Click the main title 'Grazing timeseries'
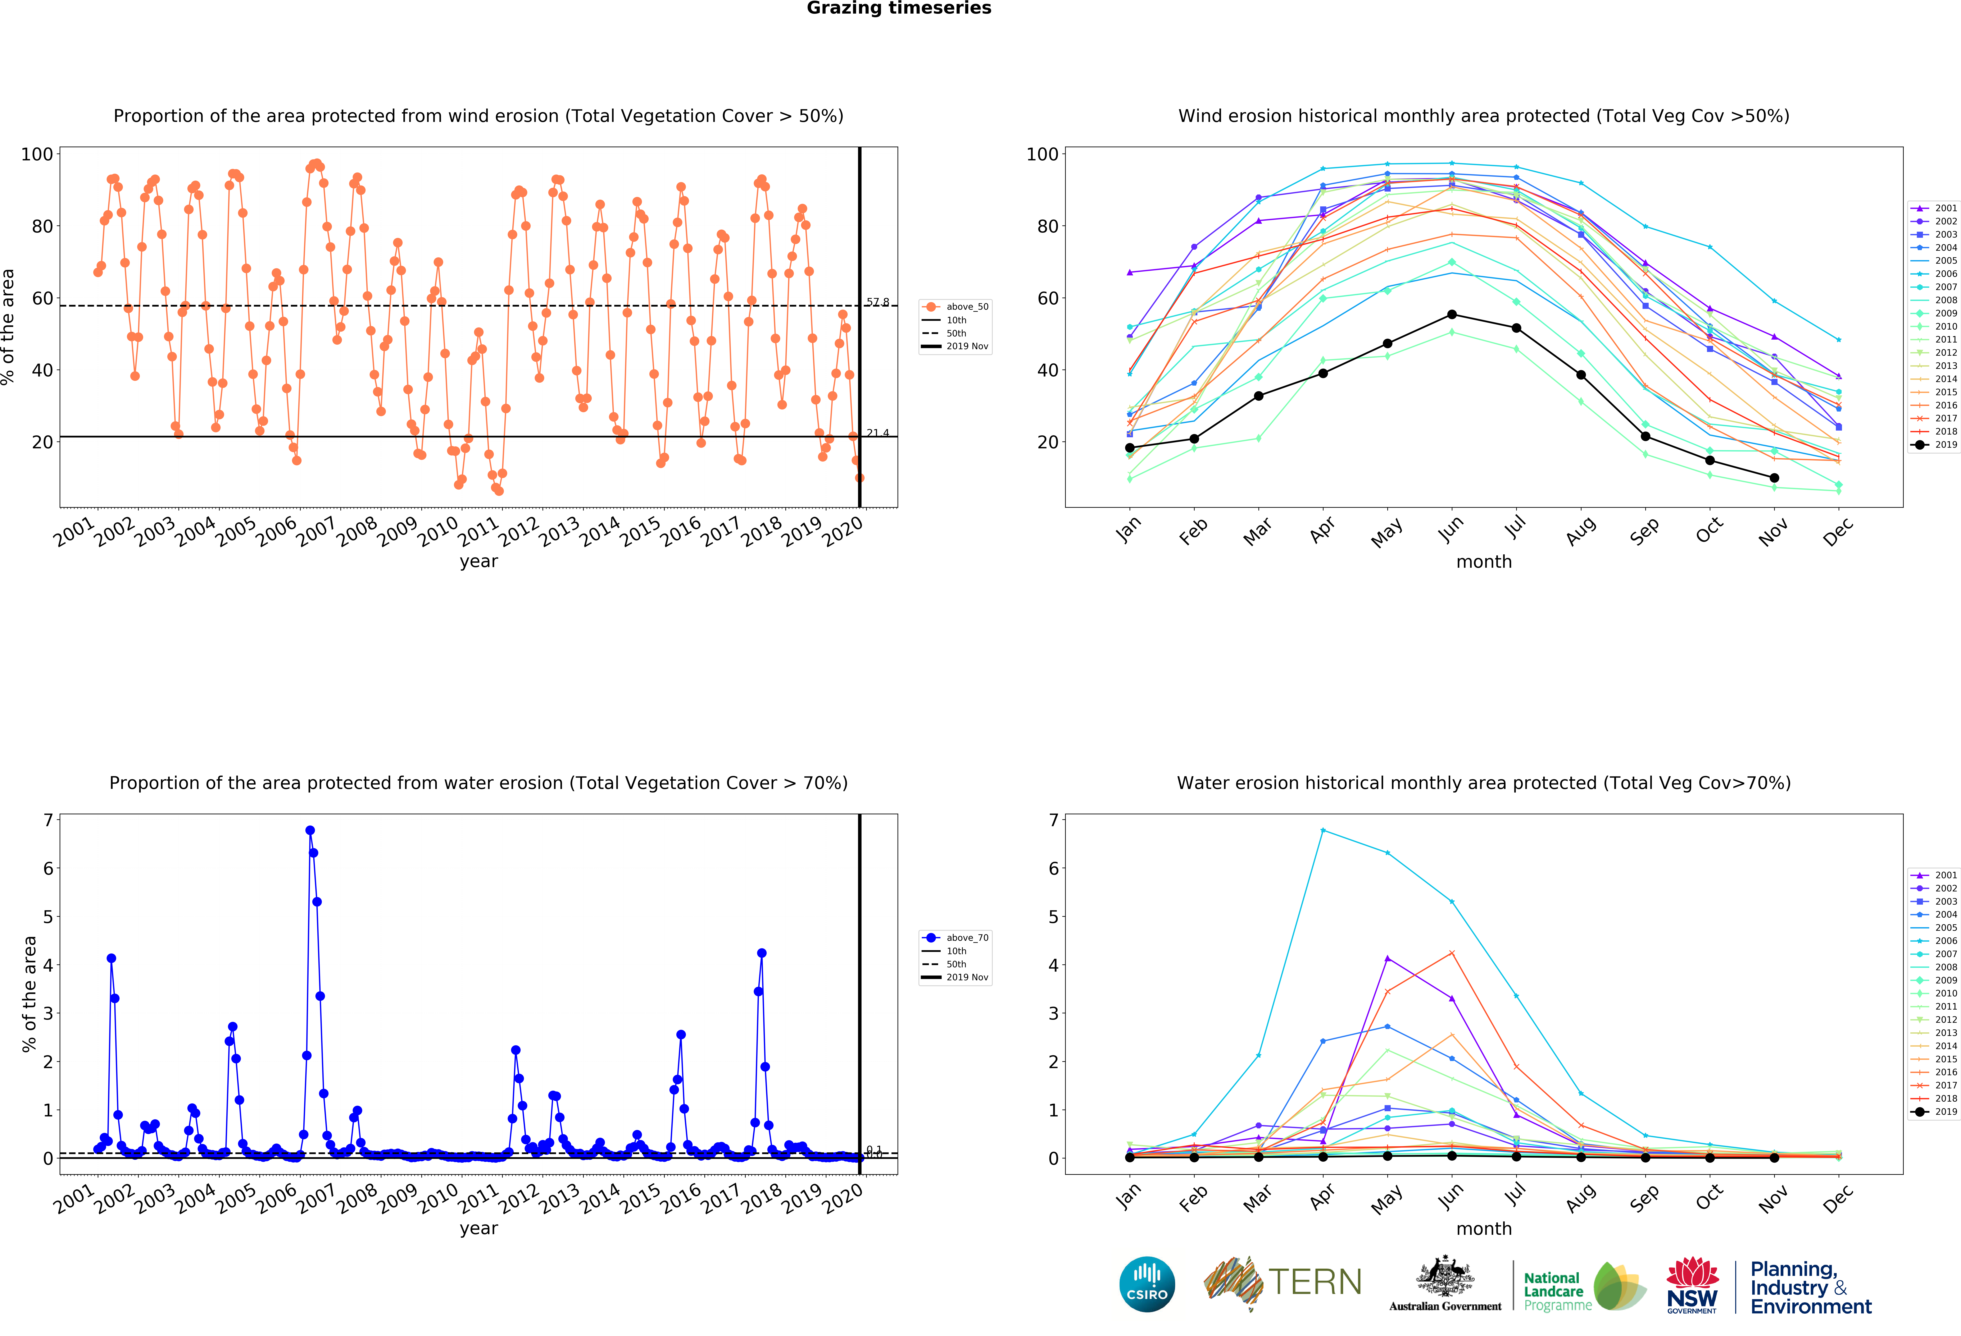(899, 8)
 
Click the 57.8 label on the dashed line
(877, 302)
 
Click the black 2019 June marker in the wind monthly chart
(1451, 315)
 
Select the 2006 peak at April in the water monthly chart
(1322, 831)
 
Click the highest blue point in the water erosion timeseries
(310, 831)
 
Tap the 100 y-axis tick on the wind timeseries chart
(37, 154)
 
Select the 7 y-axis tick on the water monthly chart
(1053, 821)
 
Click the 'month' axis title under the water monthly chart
(1483, 1229)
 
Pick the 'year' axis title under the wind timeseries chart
(478, 562)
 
